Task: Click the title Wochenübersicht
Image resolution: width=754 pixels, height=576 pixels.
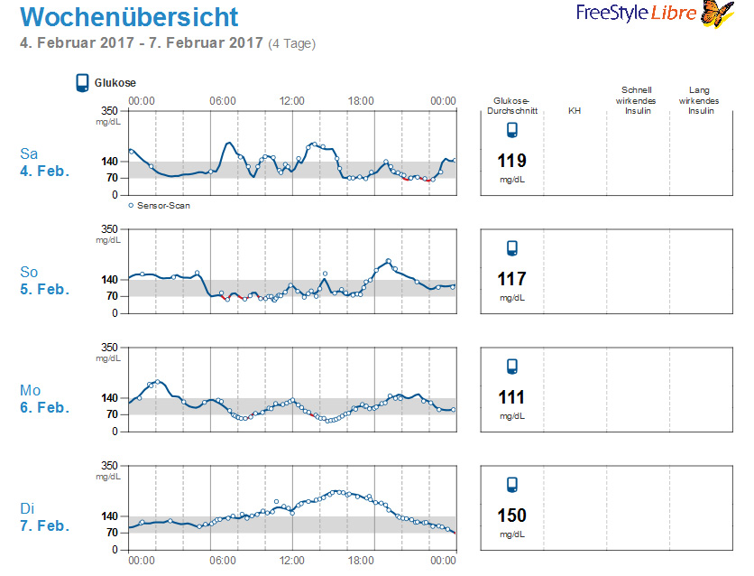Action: coord(129,17)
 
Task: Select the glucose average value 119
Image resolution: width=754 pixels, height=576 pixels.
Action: coord(511,162)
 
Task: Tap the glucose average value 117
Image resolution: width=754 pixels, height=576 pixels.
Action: coord(511,280)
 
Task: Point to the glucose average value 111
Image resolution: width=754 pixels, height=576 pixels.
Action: coord(511,398)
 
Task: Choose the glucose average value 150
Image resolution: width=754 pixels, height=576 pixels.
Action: coord(511,516)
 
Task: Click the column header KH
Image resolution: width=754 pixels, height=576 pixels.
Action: coord(575,111)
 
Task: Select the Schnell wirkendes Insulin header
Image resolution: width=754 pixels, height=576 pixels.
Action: coord(637,100)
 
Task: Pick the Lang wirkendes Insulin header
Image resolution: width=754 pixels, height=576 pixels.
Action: coord(699,100)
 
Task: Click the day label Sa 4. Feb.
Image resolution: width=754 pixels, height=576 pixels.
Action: coord(44,162)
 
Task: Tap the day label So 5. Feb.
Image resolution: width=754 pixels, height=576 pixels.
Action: coord(44,280)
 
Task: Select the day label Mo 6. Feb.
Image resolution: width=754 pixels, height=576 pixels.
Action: coord(44,398)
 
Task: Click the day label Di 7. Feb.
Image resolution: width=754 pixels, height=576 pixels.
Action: coord(44,517)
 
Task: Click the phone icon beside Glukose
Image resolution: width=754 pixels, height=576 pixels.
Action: coord(82,83)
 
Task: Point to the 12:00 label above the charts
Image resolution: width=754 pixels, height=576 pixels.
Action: coord(291,101)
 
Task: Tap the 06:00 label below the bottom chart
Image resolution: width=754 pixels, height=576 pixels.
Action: coord(223,561)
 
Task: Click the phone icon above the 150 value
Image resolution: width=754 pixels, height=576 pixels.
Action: coord(511,485)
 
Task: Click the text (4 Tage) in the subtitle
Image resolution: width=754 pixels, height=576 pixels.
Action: coord(291,43)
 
